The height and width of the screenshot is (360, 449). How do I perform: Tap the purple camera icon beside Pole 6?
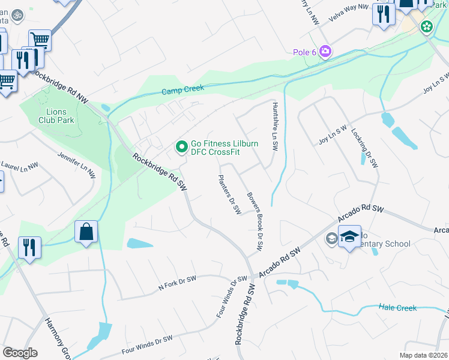[x=325, y=52]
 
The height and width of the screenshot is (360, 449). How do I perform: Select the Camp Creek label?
[x=183, y=89]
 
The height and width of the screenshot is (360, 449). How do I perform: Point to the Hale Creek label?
[x=397, y=308]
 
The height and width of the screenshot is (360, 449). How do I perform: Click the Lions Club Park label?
[x=59, y=115]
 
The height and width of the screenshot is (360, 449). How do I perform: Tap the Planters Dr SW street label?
[x=229, y=195]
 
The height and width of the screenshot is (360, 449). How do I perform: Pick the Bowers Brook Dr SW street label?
[x=256, y=221]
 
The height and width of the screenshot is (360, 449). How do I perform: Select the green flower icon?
[x=426, y=26]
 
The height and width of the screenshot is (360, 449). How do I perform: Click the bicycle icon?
[x=18, y=14]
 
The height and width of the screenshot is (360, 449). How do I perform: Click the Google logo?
[x=20, y=353]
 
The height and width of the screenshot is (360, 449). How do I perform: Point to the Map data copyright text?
[x=423, y=355]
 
